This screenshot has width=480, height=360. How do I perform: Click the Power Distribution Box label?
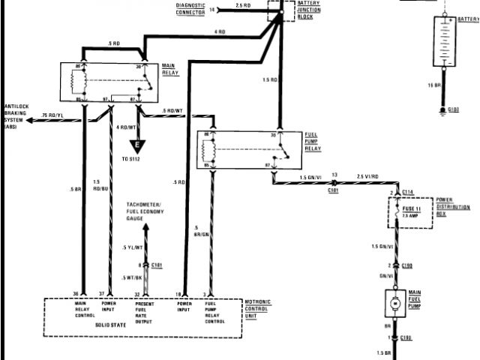click(460, 208)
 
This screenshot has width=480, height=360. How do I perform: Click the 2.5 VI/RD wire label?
click(368, 175)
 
